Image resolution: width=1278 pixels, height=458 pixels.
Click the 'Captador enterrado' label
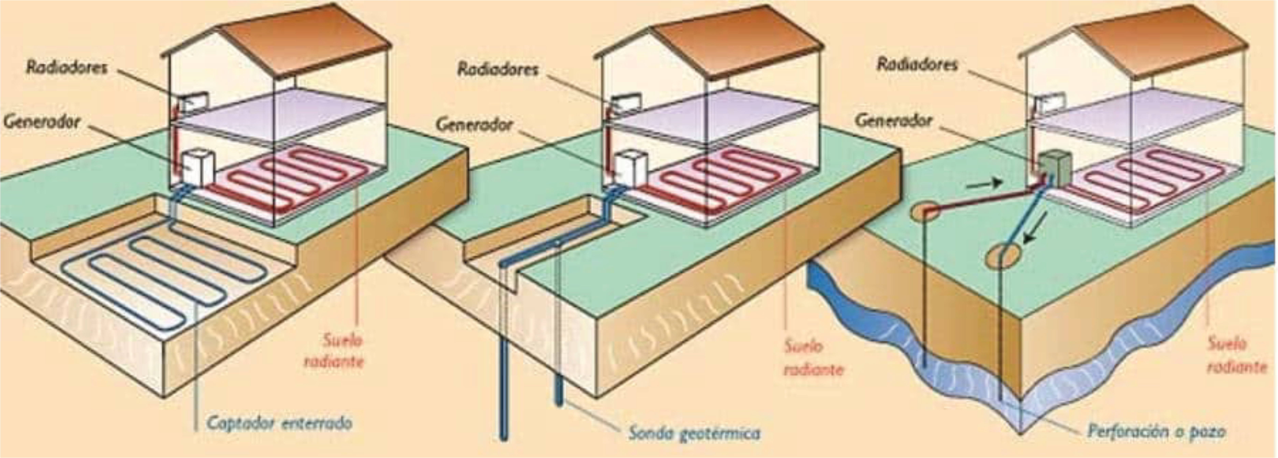pos(279,423)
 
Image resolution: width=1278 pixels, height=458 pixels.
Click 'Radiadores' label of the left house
pos(67,67)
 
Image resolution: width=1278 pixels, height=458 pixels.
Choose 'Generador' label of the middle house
pos(474,124)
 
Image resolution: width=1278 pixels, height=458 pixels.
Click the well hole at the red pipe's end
pos(925,212)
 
